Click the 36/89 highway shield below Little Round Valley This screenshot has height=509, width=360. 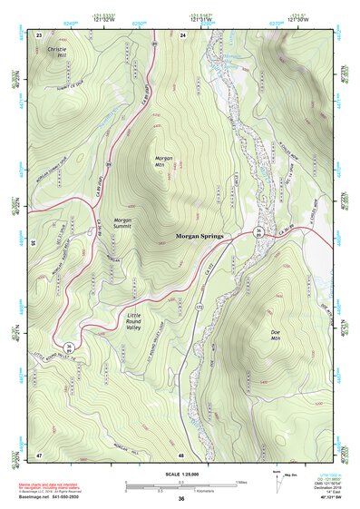click(69, 347)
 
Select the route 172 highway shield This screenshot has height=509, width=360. click(197, 310)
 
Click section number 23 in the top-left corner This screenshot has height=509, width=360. click(39, 34)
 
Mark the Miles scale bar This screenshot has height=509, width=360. click(180, 483)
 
